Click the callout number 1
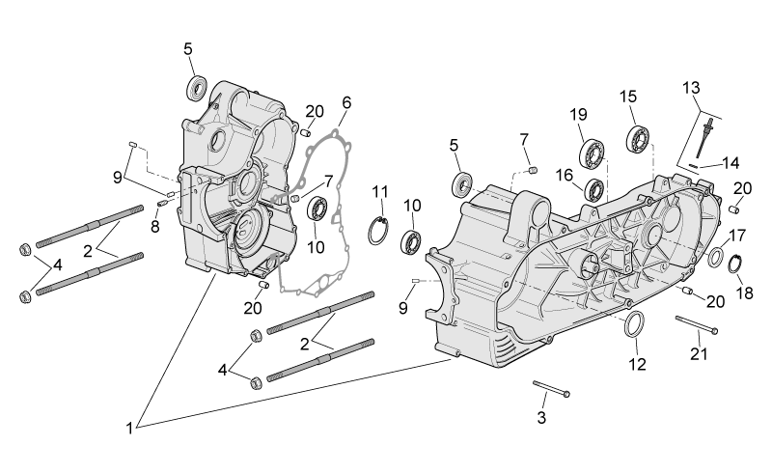pos(129,429)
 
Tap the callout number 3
pos(541,418)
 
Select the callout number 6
pos(346,103)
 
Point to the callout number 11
pos(380,192)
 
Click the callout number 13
pos(691,88)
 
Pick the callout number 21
pos(699,353)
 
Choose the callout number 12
pos(637,364)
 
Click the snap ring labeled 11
pos(379,230)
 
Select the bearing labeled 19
pos(593,153)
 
